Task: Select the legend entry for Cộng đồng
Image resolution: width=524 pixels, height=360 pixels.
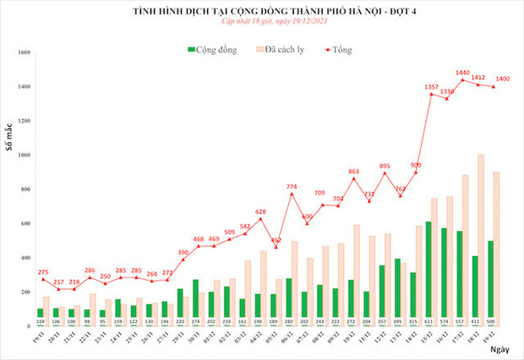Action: pyautogui.click(x=210, y=50)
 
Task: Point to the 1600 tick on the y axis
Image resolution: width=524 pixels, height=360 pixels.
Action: pyautogui.click(x=24, y=52)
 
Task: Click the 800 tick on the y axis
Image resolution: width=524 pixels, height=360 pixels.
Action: pyautogui.click(x=25, y=190)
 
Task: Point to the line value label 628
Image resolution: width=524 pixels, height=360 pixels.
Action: pyautogui.click(x=260, y=212)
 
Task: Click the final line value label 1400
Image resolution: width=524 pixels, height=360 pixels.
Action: pyautogui.click(x=502, y=79)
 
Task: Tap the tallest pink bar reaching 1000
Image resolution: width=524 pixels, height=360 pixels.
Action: pyautogui.click(x=481, y=237)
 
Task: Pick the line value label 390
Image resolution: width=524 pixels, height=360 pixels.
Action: pyautogui.click(x=183, y=252)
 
